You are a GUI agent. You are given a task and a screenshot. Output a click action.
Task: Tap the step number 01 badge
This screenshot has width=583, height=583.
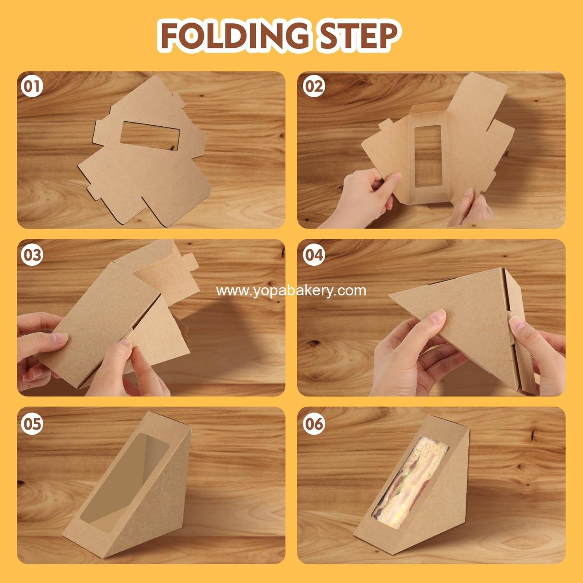[x=32, y=87]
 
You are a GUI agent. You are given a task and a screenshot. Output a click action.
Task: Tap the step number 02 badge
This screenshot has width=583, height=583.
[x=313, y=86]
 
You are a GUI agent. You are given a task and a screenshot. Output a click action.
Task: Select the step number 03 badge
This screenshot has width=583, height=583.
[x=32, y=255]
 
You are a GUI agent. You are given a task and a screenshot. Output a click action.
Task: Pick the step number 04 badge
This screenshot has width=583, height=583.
[x=313, y=255]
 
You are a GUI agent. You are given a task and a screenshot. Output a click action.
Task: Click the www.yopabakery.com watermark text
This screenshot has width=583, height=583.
[x=291, y=290]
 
